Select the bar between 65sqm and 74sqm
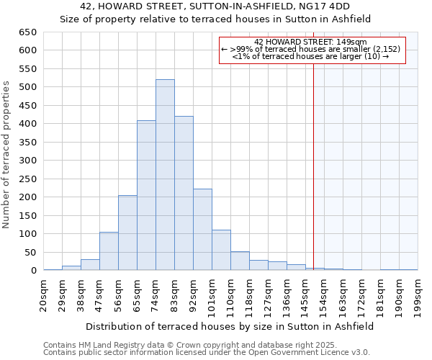[x=146, y=195]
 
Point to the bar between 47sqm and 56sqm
[x=109, y=251]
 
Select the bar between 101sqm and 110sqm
[x=221, y=250]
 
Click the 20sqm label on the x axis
[x=44, y=294]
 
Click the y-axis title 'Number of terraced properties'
[x=6, y=155]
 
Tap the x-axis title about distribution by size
[x=229, y=326]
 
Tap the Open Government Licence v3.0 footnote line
[x=206, y=353]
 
